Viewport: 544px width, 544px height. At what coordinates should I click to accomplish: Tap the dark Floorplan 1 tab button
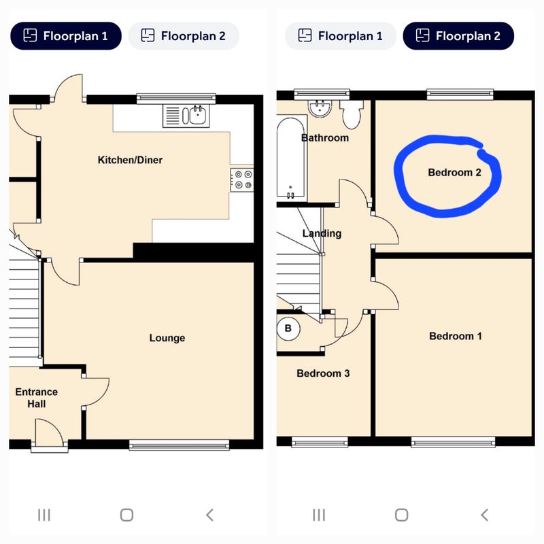pos(66,36)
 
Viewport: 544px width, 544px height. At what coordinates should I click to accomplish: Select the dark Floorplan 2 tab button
pos(458,36)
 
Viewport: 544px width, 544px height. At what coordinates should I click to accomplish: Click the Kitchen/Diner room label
pos(130,160)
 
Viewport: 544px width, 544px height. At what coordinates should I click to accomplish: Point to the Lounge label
pos(167,338)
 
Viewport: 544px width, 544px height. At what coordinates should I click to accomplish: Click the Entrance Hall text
pos(37,398)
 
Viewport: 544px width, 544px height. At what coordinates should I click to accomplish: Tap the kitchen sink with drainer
pos(186,116)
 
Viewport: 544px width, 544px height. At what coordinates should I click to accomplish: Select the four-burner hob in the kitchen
pos(242,180)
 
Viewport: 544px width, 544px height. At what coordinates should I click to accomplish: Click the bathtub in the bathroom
pos(291,158)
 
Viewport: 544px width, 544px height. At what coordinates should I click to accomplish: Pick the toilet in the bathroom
pos(352,114)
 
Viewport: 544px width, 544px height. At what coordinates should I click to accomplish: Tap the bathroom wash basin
pos(320,108)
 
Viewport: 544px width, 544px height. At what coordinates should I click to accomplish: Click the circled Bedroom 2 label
pos(454,173)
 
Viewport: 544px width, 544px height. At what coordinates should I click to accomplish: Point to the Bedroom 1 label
pos(455,336)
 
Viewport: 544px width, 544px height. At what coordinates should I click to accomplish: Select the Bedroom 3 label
pos(323,373)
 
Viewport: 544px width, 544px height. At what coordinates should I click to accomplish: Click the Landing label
pos(322,233)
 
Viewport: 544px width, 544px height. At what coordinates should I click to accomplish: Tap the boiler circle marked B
pos(288,328)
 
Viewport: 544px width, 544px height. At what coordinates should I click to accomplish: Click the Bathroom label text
pos(325,138)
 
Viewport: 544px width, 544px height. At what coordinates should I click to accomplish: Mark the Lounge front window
pos(179,445)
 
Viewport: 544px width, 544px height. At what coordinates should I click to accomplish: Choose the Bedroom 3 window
pos(320,441)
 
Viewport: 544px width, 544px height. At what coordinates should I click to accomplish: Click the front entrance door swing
pos(50,432)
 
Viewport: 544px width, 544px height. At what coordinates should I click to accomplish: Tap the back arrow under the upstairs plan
pos(484,515)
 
